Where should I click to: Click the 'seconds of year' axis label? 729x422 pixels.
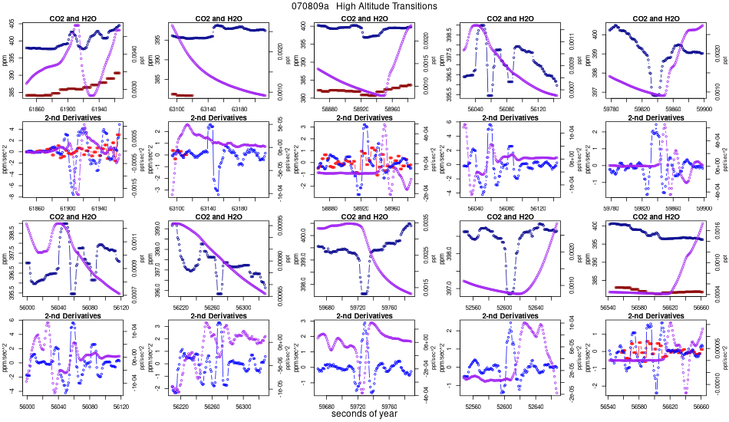coord(364,414)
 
